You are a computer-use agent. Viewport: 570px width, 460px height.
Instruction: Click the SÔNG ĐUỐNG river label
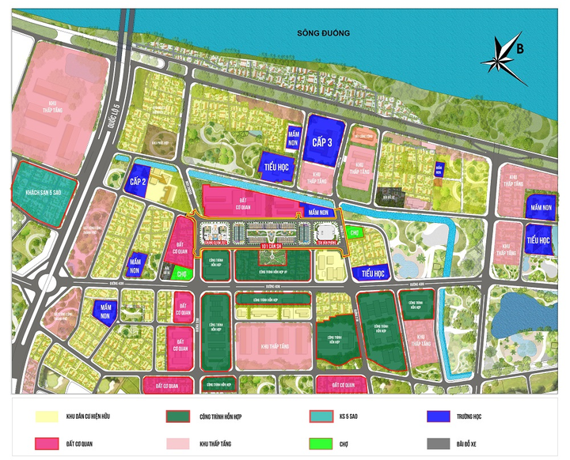point(323,32)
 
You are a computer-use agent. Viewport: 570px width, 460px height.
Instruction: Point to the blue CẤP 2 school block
point(136,179)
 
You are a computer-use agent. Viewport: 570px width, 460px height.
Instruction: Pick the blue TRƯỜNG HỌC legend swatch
point(439,417)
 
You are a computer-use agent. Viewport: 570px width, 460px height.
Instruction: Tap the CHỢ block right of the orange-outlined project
point(354,233)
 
